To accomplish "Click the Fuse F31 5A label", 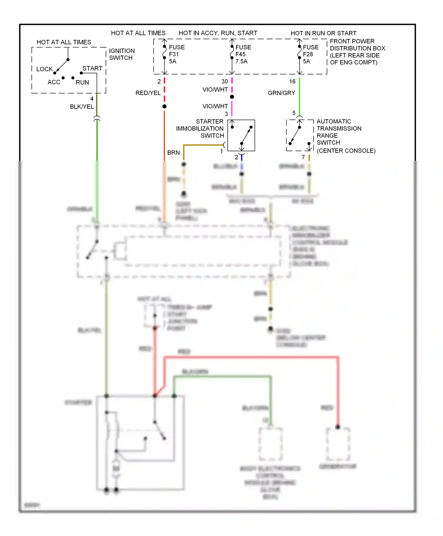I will [176, 54].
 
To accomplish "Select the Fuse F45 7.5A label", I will [243, 54].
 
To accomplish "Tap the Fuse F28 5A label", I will [310, 54].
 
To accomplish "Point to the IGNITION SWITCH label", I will [122, 54].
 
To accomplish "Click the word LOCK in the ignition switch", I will [44, 69].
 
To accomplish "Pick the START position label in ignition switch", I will [92, 68].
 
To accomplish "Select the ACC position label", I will [54, 82].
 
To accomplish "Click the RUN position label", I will [82, 82].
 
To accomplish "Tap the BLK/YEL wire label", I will [82, 107].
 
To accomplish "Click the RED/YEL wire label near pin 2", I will [148, 93].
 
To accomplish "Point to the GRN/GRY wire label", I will [281, 93].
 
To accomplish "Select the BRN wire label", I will [173, 153].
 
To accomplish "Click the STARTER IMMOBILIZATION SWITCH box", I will [241, 135].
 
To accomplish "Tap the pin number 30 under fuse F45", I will [225, 82].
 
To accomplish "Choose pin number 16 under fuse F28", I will [292, 82].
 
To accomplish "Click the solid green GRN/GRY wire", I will [299, 98].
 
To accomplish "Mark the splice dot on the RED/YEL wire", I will [165, 106].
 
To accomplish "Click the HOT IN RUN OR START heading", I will [323, 33].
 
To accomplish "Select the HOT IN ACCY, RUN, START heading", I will [218, 33].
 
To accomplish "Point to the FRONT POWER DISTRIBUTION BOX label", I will [357, 52].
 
